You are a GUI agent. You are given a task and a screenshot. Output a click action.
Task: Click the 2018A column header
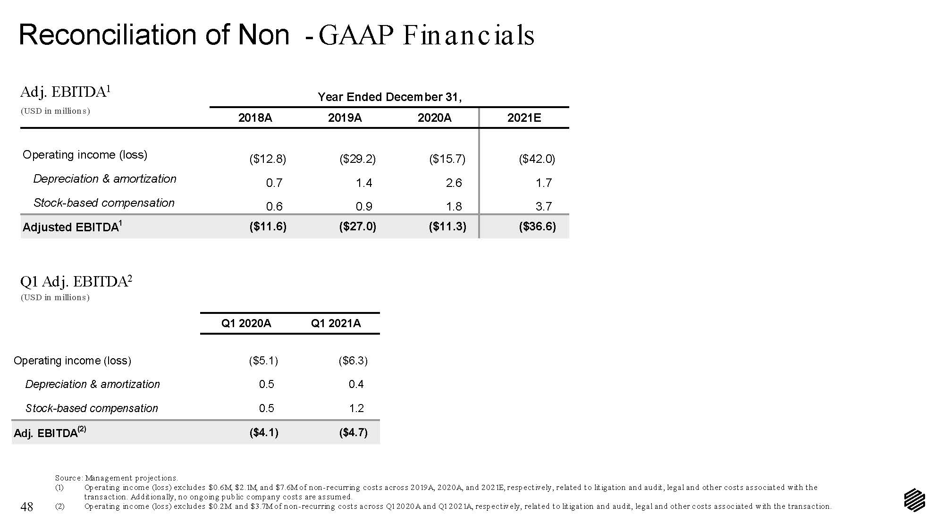point(255,118)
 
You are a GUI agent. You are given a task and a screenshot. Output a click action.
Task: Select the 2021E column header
point(524,118)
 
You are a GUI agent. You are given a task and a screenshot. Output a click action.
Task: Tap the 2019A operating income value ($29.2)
point(358,159)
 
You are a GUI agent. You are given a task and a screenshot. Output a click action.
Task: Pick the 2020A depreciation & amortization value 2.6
point(454,183)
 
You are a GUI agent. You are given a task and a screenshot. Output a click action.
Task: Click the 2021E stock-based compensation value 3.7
point(544,206)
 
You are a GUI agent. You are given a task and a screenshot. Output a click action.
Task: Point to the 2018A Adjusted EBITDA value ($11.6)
point(268,227)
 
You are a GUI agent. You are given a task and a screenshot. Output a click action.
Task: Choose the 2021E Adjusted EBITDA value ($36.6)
point(538,227)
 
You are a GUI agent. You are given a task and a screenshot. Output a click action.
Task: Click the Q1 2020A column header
point(246,323)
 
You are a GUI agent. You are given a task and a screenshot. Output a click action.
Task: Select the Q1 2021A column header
point(336,323)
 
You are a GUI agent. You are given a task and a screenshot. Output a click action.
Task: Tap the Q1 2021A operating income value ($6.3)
point(353,361)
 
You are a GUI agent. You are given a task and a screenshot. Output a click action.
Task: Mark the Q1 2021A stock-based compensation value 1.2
point(356,408)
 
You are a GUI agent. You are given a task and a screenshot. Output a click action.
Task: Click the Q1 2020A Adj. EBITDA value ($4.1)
point(264,432)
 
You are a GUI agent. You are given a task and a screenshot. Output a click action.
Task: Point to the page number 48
point(27,507)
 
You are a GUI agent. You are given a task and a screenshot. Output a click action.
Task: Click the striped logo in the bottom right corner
point(915,500)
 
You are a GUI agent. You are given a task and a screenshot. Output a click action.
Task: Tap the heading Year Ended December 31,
point(389,97)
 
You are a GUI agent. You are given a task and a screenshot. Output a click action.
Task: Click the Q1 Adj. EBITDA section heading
point(76,282)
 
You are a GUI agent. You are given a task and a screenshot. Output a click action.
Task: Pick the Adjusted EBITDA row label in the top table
point(73,227)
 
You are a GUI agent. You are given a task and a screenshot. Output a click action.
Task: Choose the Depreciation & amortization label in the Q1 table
point(93,384)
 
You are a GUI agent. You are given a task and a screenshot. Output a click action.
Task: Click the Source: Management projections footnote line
point(117,478)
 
